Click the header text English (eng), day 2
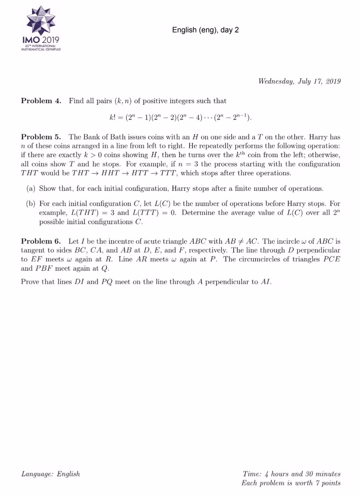[x=205, y=30]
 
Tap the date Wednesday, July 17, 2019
[x=299, y=82]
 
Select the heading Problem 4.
[x=41, y=101]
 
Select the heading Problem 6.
[x=41, y=241]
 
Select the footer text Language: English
[x=50, y=474]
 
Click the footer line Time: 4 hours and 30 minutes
[x=292, y=474]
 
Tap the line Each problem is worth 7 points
[x=291, y=483]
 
